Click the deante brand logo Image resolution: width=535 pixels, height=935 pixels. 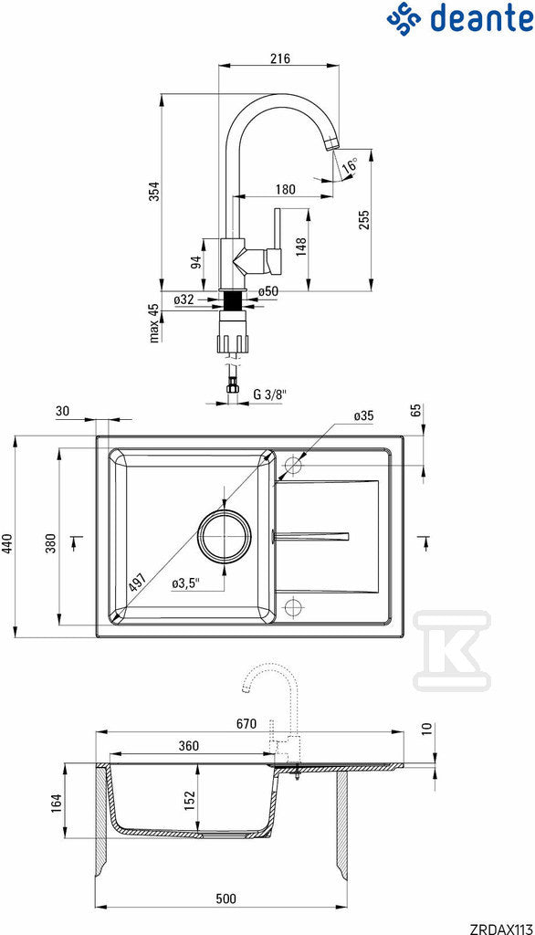pyautogui.click(x=460, y=18)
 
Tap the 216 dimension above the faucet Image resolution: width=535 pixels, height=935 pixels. pyautogui.click(x=279, y=58)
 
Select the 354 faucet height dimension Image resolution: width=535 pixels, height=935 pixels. pyautogui.click(x=154, y=192)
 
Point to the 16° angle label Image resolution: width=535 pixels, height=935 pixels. pyautogui.click(x=351, y=164)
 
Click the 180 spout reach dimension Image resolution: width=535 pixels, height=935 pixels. pyautogui.click(x=286, y=190)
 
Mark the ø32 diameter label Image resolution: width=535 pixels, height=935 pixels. pyautogui.click(x=184, y=299)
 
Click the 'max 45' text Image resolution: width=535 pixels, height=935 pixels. pyautogui.click(x=154, y=322)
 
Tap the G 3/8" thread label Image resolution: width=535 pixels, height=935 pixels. pyautogui.click(x=269, y=394)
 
